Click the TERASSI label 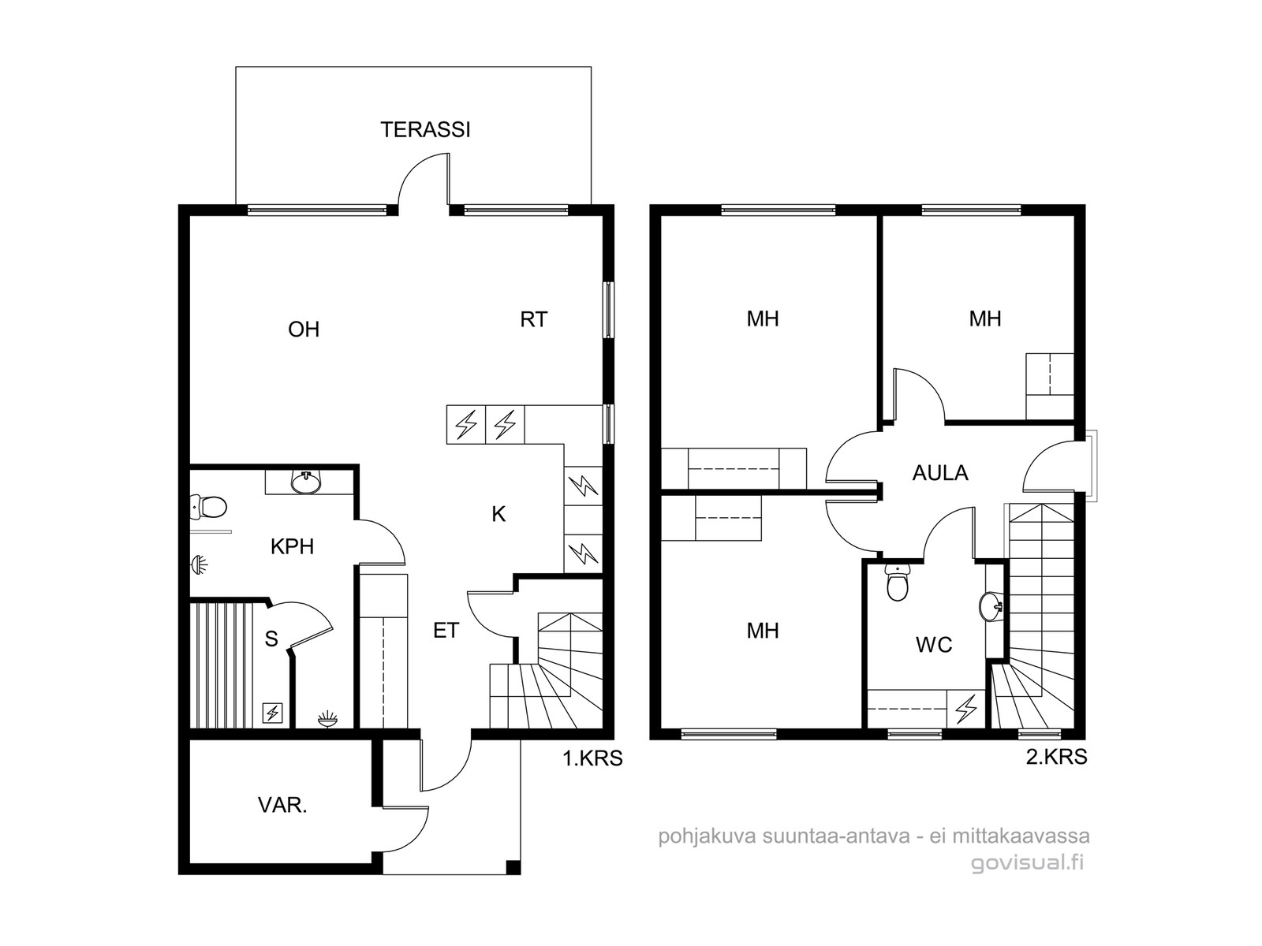tap(425, 130)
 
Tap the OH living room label tap(304, 329)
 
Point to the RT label tap(533, 319)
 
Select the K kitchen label tap(498, 514)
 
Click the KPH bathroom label tap(292, 547)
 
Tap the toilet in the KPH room tap(208, 507)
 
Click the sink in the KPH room tap(307, 482)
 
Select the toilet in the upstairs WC tap(897, 582)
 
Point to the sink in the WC tap(991, 606)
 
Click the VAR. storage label tap(282, 805)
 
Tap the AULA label tap(941, 473)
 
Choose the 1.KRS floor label tap(593, 758)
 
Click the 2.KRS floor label tap(1057, 757)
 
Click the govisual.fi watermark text tap(1027, 863)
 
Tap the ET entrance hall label tap(446, 631)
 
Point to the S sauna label tap(271, 638)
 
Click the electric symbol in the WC tap(966, 709)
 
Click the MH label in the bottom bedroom tap(763, 631)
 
